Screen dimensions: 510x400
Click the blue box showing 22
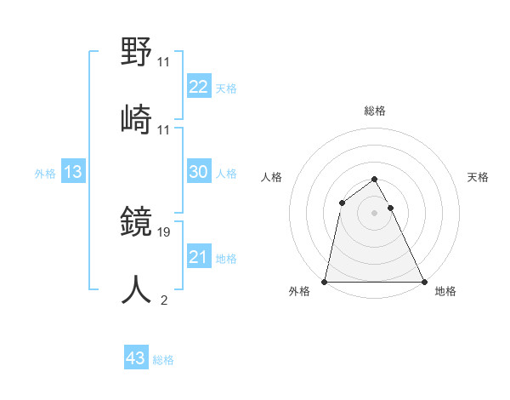point(199,86)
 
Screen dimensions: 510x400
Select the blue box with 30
point(199,172)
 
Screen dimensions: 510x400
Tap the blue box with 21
point(199,257)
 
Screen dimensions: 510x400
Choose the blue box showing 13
point(73,172)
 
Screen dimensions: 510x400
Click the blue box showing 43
point(136,358)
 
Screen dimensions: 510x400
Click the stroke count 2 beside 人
point(163,300)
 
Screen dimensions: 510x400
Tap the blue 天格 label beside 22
point(226,89)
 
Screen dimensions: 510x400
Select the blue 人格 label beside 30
point(226,174)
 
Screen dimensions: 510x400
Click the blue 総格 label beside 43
point(163,360)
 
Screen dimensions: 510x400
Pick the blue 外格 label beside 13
point(45,174)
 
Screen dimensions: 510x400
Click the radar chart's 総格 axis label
point(374,111)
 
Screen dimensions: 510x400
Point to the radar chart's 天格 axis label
point(479,177)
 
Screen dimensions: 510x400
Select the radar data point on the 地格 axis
point(423,281)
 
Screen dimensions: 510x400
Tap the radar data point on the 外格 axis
point(325,281)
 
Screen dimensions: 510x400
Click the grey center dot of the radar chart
point(374,213)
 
